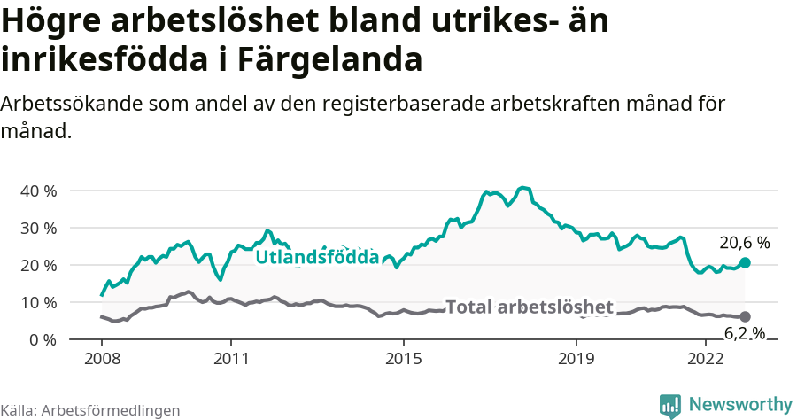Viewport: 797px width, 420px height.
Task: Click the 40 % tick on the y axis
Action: [x=39, y=191]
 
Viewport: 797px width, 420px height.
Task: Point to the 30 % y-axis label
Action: [x=39, y=228]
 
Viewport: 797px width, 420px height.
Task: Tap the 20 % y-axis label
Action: [x=39, y=265]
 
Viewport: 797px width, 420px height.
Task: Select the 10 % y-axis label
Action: [x=39, y=302]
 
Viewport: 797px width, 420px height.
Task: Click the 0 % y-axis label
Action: [x=43, y=339]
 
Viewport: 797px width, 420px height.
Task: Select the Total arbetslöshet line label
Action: [x=529, y=307]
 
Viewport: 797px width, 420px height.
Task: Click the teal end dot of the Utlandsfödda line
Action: [x=745, y=262]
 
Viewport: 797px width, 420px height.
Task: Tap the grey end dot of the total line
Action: [x=745, y=316]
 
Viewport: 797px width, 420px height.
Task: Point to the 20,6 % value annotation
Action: [x=745, y=242]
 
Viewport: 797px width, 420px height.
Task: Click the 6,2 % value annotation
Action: [x=745, y=334]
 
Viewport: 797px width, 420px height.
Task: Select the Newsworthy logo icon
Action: [x=670, y=405]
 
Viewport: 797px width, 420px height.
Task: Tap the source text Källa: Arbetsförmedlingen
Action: [x=90, y=410]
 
